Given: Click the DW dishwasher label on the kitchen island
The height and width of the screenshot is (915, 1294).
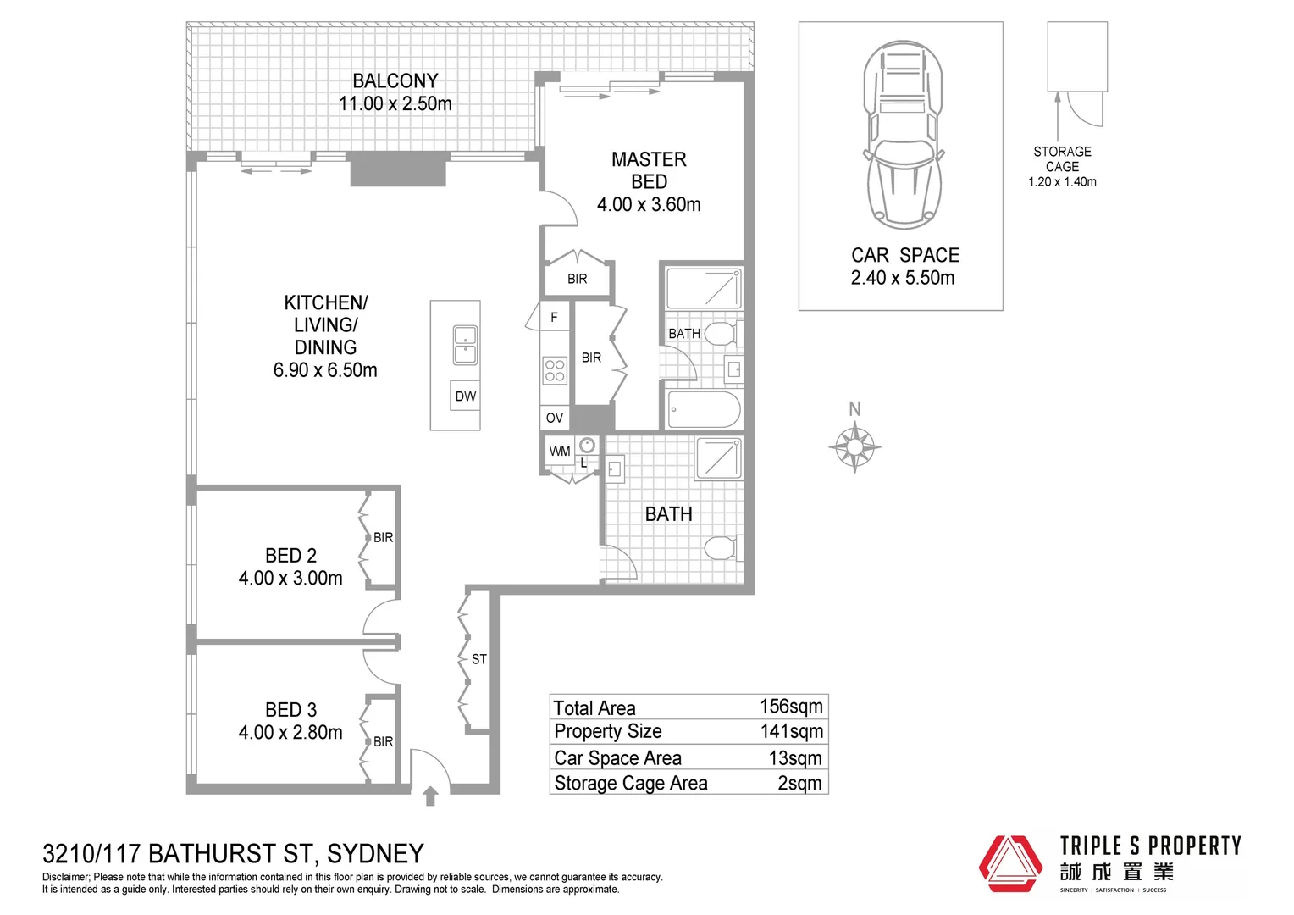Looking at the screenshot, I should [465, 396].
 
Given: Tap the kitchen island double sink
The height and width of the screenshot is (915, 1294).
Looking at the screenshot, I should [465, 345].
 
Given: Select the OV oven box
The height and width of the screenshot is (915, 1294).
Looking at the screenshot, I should [555, 418].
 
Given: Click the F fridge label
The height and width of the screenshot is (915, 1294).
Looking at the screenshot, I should [555, 317].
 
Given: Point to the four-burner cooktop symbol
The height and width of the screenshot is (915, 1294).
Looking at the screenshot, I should [555, 370].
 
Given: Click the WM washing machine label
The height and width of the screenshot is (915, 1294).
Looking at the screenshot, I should [560, 451].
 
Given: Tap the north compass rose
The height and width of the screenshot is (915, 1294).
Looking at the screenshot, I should [854, 445].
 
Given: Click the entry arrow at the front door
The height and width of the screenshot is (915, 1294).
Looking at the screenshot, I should [430, 796].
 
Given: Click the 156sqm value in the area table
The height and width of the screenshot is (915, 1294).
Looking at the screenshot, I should [791, 707].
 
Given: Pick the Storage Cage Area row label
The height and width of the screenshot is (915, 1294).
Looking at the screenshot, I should [631, 783].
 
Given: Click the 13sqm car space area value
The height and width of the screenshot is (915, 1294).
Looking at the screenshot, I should [795, 758].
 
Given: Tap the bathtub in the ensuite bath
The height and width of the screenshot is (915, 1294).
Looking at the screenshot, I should [704, 410].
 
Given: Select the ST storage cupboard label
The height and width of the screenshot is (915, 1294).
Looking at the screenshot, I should [479, 659].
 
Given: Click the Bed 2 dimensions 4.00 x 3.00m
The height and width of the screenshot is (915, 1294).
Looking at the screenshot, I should [290, 578].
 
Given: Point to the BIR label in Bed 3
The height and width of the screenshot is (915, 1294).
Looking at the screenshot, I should [384, 741].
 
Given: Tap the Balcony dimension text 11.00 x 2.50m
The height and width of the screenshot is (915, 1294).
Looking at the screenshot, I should [395, 103].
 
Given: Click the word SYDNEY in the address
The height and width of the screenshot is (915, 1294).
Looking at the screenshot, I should [375, 853].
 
